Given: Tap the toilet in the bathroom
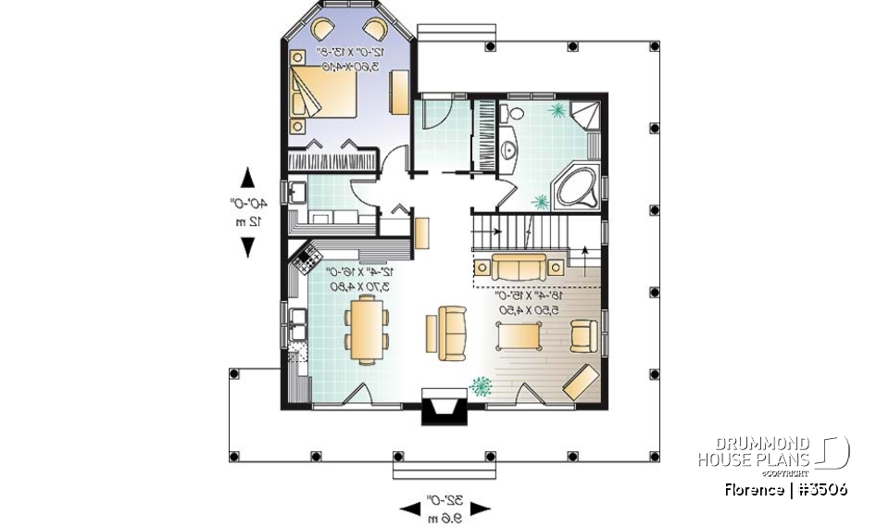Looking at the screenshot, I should pos(507,115).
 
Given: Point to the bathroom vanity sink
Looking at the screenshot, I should pos(507,151).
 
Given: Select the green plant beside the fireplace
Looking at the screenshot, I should pos(482,385).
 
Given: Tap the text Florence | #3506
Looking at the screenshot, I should pos(786,490).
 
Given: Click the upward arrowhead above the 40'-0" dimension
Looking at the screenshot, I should pos(248,176).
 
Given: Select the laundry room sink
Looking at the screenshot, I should pos(298,194).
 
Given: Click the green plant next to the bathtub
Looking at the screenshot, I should pos(538,201).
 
